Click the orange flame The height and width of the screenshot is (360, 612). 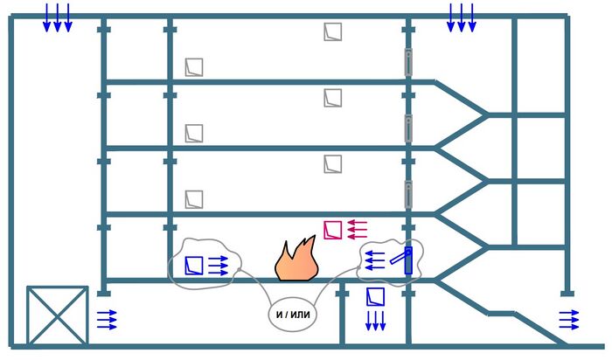point(296,260)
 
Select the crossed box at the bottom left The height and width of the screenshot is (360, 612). point(57,315)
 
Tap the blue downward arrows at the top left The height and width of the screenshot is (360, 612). point(58,17)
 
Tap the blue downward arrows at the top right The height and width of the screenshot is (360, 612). point(462,17)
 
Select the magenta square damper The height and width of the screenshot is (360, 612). point(332,230)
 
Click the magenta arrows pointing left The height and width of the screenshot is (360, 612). point(356,230)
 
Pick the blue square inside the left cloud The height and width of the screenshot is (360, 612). point(195,264)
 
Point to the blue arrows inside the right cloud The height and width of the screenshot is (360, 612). point(375,260)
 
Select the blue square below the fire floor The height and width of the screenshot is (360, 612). point(375,297)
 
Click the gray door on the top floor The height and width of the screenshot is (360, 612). point(407,62)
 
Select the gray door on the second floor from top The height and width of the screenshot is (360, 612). point(407,128)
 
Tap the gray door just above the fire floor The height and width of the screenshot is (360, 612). point(407,193)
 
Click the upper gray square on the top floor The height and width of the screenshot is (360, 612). point(332,31)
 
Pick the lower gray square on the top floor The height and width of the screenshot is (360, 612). point(194,66)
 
